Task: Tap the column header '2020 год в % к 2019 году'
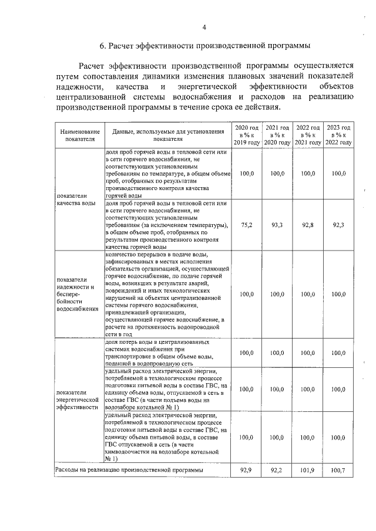click(247, 135)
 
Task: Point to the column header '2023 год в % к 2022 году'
click(338, 135)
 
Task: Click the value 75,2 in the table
click(247, 225)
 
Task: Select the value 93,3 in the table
click(277, 225)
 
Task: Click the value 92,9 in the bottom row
click(247, 471)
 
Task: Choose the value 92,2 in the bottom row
click(277, 471)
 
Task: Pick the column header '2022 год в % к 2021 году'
click(308, 135)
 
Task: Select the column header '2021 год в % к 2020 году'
click(277, 135)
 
